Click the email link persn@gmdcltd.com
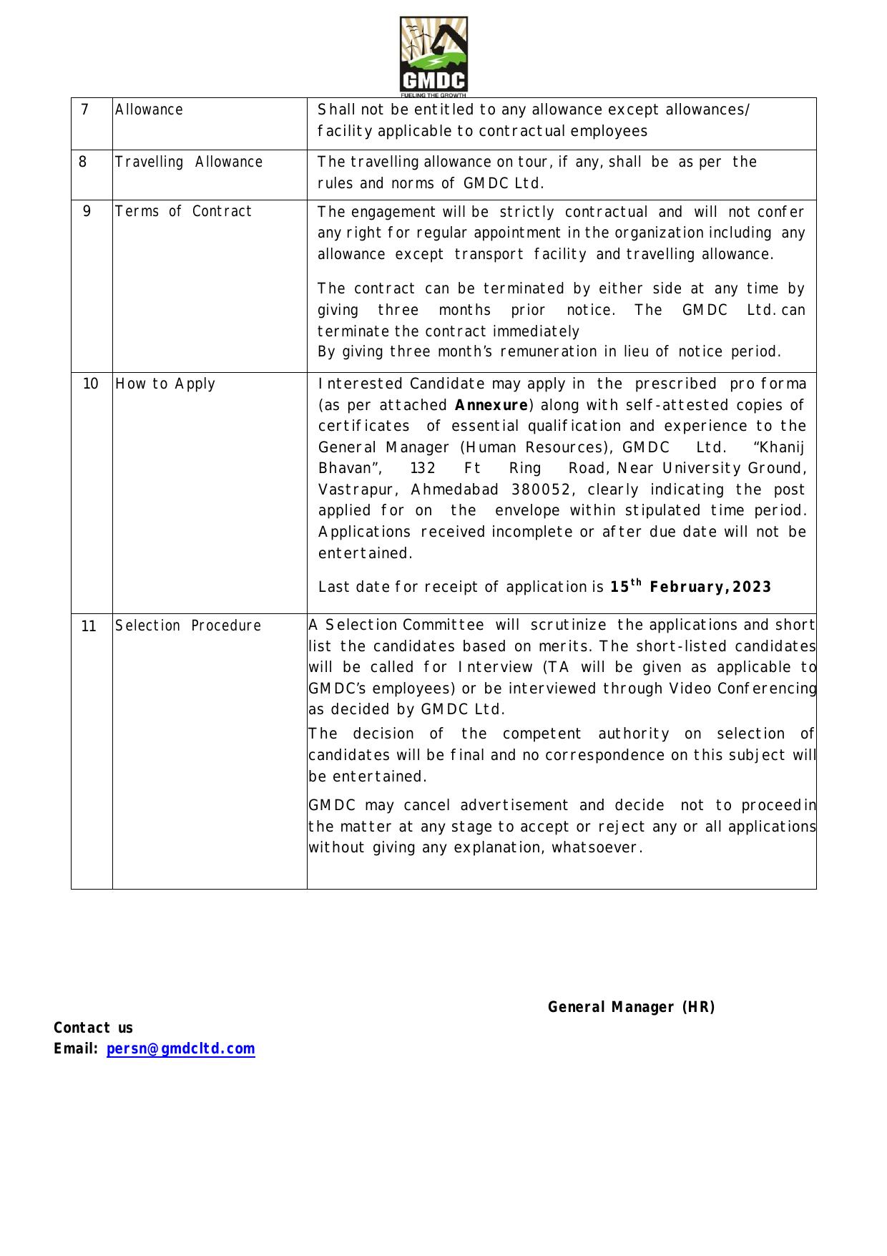180,1048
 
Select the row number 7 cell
85,109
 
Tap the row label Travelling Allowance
189,162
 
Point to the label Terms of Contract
184,212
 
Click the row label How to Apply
165,384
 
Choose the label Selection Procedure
188,626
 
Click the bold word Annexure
491,406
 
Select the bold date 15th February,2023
690,587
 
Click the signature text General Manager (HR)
631,1008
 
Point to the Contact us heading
93,1028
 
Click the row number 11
89,627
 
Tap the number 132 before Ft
423,469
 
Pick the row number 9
87,212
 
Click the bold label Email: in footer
76,1049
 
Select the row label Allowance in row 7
149,110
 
